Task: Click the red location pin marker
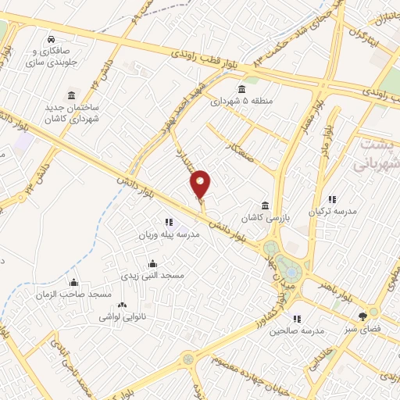(x=201, y=184)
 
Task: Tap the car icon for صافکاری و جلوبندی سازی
(x=51, y=38)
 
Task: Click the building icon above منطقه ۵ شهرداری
(x=241, y=87)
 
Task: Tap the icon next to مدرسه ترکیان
(x=331, y=200)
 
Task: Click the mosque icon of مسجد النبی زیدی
(x=152, y=263)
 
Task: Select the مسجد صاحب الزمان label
(x=75, y=294)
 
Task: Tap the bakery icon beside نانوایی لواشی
(x=121, y=305)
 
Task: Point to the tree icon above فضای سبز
(x=362, y=316)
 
